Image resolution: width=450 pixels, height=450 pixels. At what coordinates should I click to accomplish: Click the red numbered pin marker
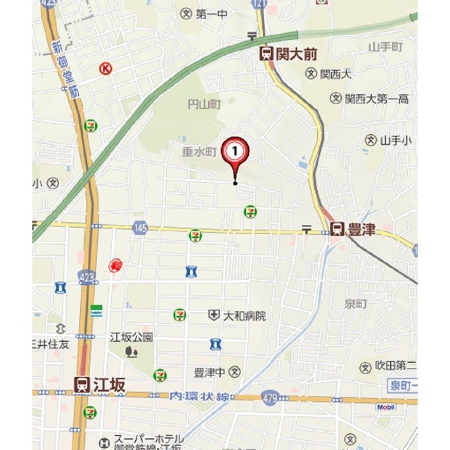(x=235, y=151)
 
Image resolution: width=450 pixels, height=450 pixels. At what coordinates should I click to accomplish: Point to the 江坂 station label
(x=108, y=384)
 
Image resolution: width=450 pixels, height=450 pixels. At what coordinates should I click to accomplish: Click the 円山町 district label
(x=204, y=104)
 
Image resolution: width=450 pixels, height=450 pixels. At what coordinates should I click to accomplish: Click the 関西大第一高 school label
(x=377, y=99)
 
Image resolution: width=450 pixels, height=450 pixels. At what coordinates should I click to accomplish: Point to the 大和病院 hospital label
(x=244, y=316)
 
